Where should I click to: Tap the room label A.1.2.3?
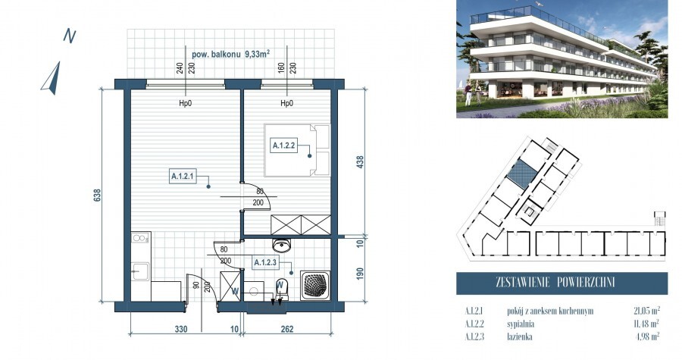(265, 263)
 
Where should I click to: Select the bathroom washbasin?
(282, 246)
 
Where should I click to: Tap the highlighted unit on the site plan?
(521, 175)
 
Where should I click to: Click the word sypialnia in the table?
(505, 323)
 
